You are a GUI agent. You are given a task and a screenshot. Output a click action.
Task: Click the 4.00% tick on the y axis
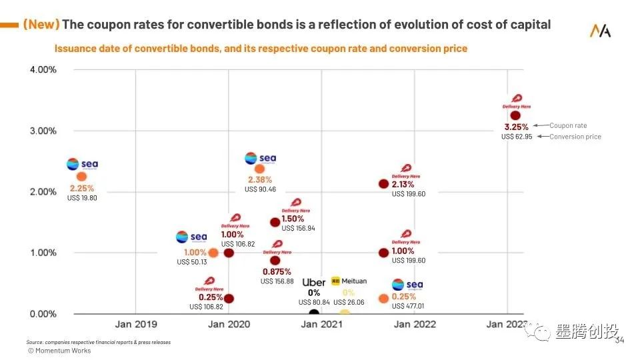[42, 69]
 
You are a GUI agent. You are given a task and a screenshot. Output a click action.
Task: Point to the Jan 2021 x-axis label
[321, 324]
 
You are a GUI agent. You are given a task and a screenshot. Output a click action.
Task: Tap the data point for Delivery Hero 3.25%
[515, 115]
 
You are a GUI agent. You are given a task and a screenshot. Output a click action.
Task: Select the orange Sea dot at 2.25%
[81, 176]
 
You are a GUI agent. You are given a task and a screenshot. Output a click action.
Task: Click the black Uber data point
[314, 312]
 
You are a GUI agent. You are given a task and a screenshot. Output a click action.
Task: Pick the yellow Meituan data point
[344, 313]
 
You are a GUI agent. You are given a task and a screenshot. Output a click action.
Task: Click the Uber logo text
[314, 282]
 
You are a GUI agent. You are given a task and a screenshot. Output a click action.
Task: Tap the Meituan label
[354, 281]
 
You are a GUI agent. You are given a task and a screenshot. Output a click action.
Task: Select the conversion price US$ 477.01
[408, 307]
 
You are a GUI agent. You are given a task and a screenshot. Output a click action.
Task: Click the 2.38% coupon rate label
[260, 180]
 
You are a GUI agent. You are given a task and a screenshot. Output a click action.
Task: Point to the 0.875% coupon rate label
[277, 271]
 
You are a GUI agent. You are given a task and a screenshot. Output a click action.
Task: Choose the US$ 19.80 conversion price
[82, 197]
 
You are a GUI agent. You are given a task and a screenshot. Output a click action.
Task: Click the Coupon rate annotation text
[568, 125]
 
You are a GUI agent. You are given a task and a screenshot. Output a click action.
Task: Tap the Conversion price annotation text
[575, 137]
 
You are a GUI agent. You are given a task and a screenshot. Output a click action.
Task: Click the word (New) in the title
[41, 25]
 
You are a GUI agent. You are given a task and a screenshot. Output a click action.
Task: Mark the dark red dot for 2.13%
[383, 183]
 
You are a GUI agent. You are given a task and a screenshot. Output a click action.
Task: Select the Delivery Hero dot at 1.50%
[275, 222]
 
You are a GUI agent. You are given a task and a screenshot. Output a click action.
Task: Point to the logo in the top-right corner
[600, 31]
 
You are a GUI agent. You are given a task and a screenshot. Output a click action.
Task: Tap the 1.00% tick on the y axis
[42, 253]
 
